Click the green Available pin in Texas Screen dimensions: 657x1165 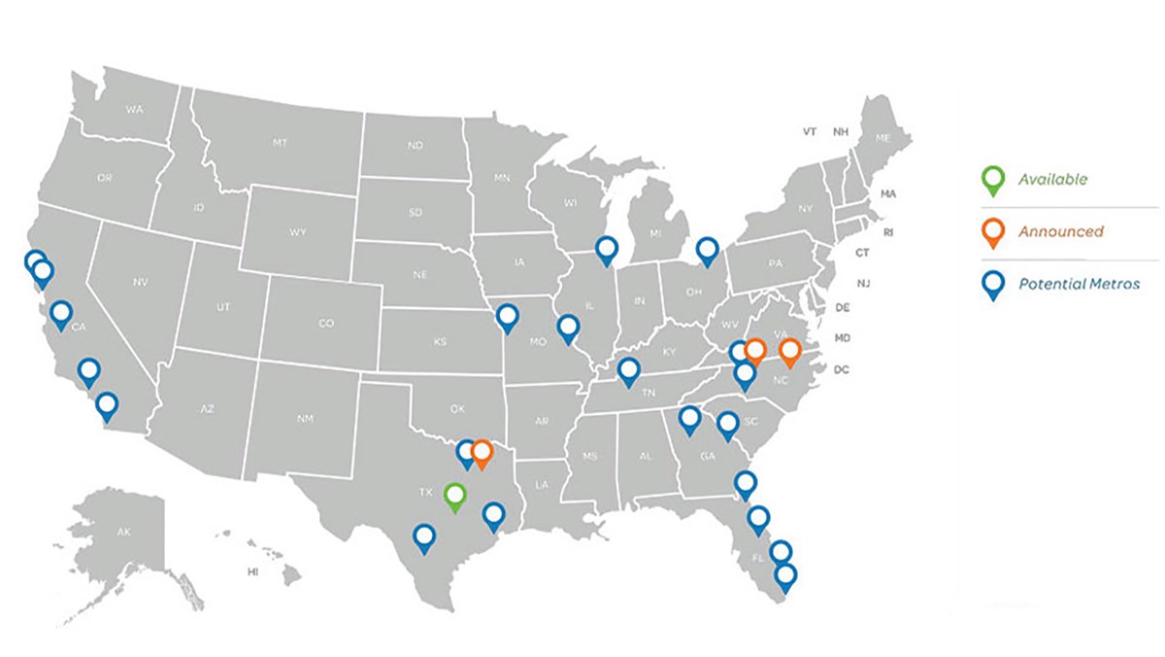click(x=454, y=497)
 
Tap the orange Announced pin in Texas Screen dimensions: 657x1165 click(x=482, y=452)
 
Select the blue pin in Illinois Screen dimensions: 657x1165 click(x=607, y=251)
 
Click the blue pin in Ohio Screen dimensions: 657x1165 click(x=708, y=251)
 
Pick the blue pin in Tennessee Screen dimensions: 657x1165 click(x=629, y=370)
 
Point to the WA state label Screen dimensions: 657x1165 click(x=134, y=111)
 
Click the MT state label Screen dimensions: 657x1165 click(x=280, y=143)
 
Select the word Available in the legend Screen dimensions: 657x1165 click(x=1052, y=179)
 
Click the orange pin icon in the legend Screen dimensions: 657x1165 click(x=992, y=231)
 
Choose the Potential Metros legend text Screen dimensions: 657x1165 click(x=1079, y=285)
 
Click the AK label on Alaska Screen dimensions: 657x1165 click(x=123, y=533)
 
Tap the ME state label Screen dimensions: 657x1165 click(x=882, y=138)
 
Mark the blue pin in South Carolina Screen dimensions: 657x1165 click(x=728, y=424)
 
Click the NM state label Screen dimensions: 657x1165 click(x=305, y=418)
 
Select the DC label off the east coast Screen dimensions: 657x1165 click(x=842, y=369)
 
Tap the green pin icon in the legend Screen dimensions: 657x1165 click(x=992, y=179)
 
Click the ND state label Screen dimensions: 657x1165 click(x=415, y=146)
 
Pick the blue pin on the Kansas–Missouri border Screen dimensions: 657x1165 click(x=507, y=316)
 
